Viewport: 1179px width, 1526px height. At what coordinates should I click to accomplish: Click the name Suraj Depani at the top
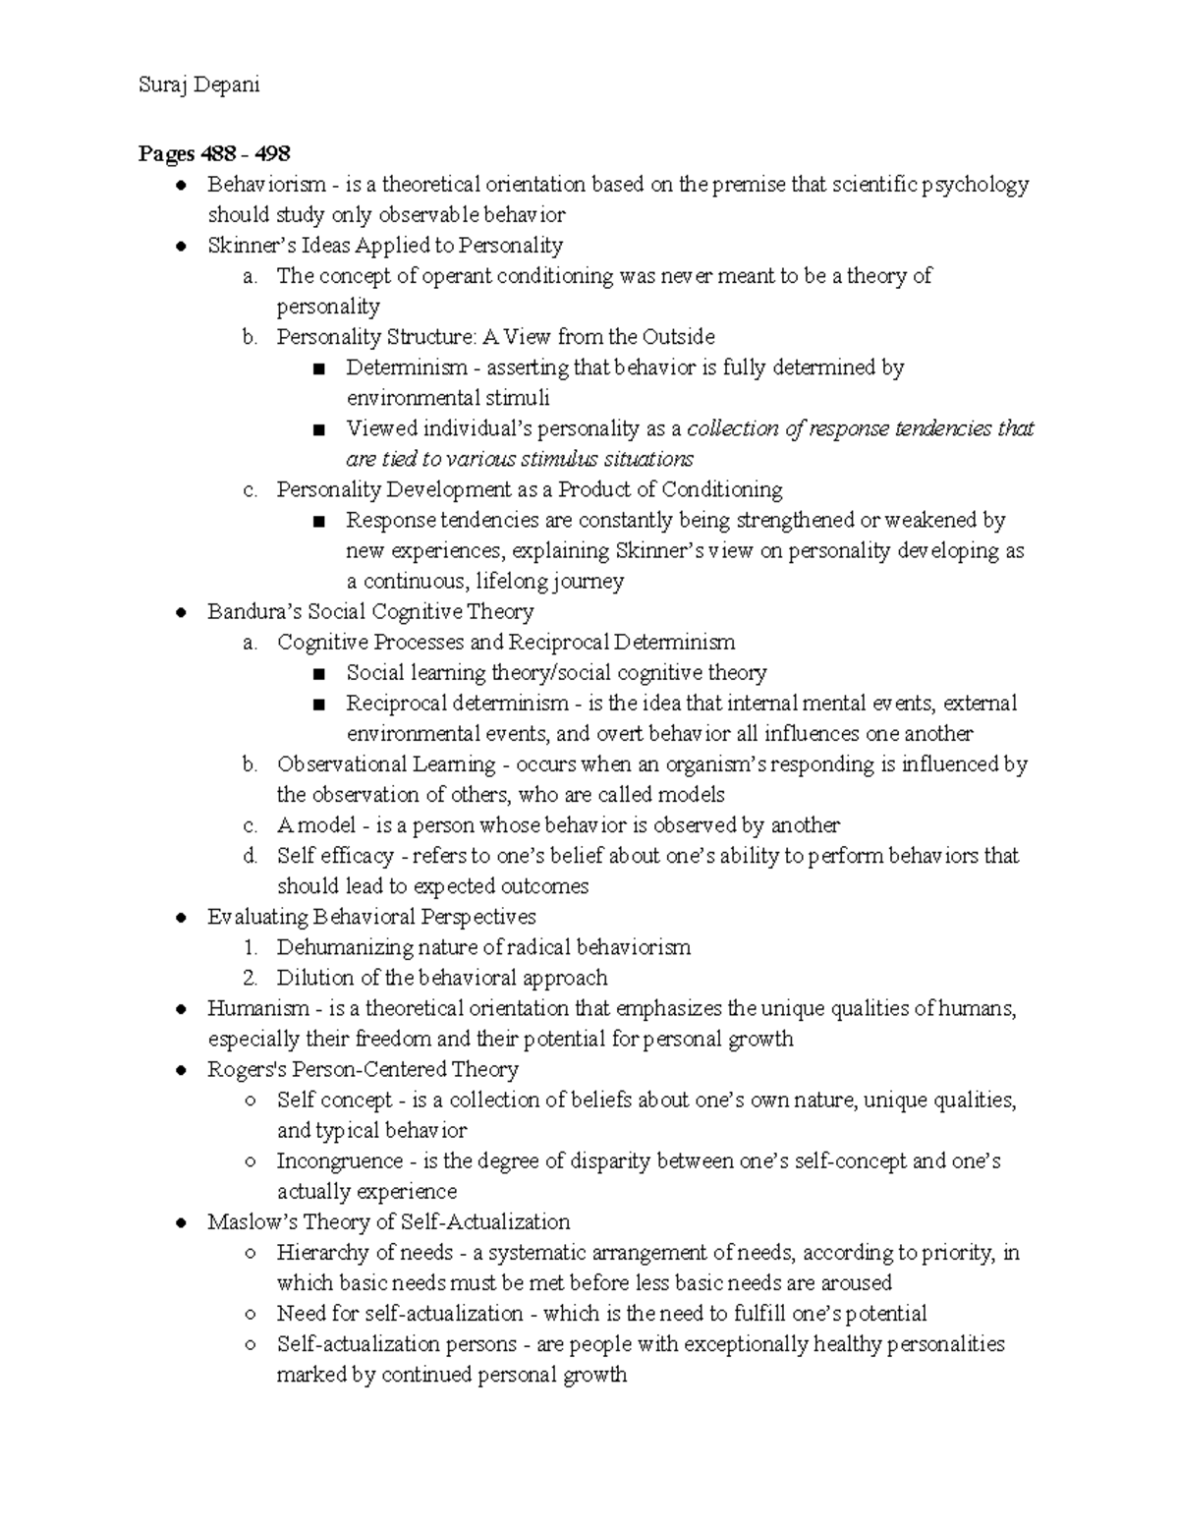(x=198, y=85)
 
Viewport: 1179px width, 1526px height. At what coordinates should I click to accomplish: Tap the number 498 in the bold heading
(x=271, y=153)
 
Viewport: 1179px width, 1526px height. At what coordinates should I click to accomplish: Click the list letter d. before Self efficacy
(x=251, y=856)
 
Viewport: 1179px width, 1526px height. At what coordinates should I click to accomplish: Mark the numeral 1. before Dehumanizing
(x=251, y=948)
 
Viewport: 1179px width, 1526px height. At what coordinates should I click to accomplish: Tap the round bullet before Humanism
(x=181, y=1009)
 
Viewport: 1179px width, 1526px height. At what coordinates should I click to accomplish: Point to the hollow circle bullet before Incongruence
(x=251, y=1161)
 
